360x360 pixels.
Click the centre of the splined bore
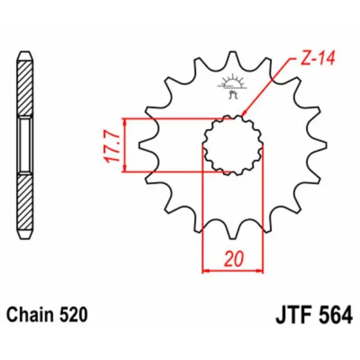(233, 145)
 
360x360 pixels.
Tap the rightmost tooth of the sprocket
(322, 145)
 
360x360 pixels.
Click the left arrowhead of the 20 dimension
(206, 271)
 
